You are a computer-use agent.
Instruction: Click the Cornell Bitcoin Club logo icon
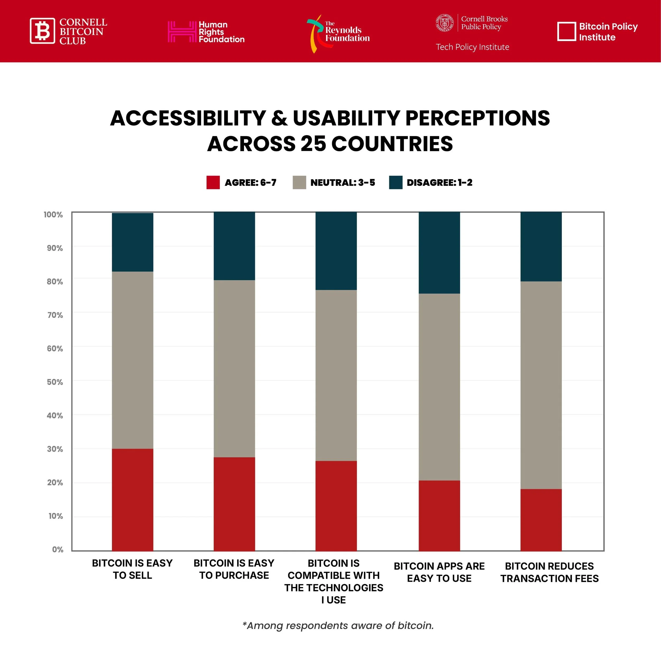click(x=42, y=31)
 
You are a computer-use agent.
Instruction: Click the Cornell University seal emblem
click(x=444, y=23)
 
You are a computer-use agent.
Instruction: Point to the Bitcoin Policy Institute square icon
click(x=567, y=31)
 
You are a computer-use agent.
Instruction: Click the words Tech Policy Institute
click(x=472, y=47)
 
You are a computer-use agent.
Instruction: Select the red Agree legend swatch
click(x=213, y=182)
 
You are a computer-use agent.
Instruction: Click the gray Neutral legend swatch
click(x=299, y=182)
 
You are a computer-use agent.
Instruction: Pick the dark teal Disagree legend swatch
click(x=396, y=182)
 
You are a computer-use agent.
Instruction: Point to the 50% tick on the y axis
click(x=55, y=382)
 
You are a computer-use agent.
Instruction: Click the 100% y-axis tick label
click(x=53, y=214)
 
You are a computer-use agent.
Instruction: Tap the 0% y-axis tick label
click(x=57, y=549)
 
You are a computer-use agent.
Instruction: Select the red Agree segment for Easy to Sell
click(x=132, y=499)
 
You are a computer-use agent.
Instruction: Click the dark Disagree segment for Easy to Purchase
click(x=234, y=246)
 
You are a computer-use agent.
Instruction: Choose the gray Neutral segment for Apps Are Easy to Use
click(x=439, y=387)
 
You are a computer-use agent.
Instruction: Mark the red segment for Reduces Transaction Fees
click(x=541, y=520)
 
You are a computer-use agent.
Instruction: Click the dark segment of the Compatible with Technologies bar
click(x=336, y=251)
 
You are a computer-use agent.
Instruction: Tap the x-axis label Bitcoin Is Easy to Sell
click(x=132, y=569)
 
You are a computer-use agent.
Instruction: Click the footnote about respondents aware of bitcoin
click(x=338, y=625)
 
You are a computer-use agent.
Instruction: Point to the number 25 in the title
click(x=313, y=143)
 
